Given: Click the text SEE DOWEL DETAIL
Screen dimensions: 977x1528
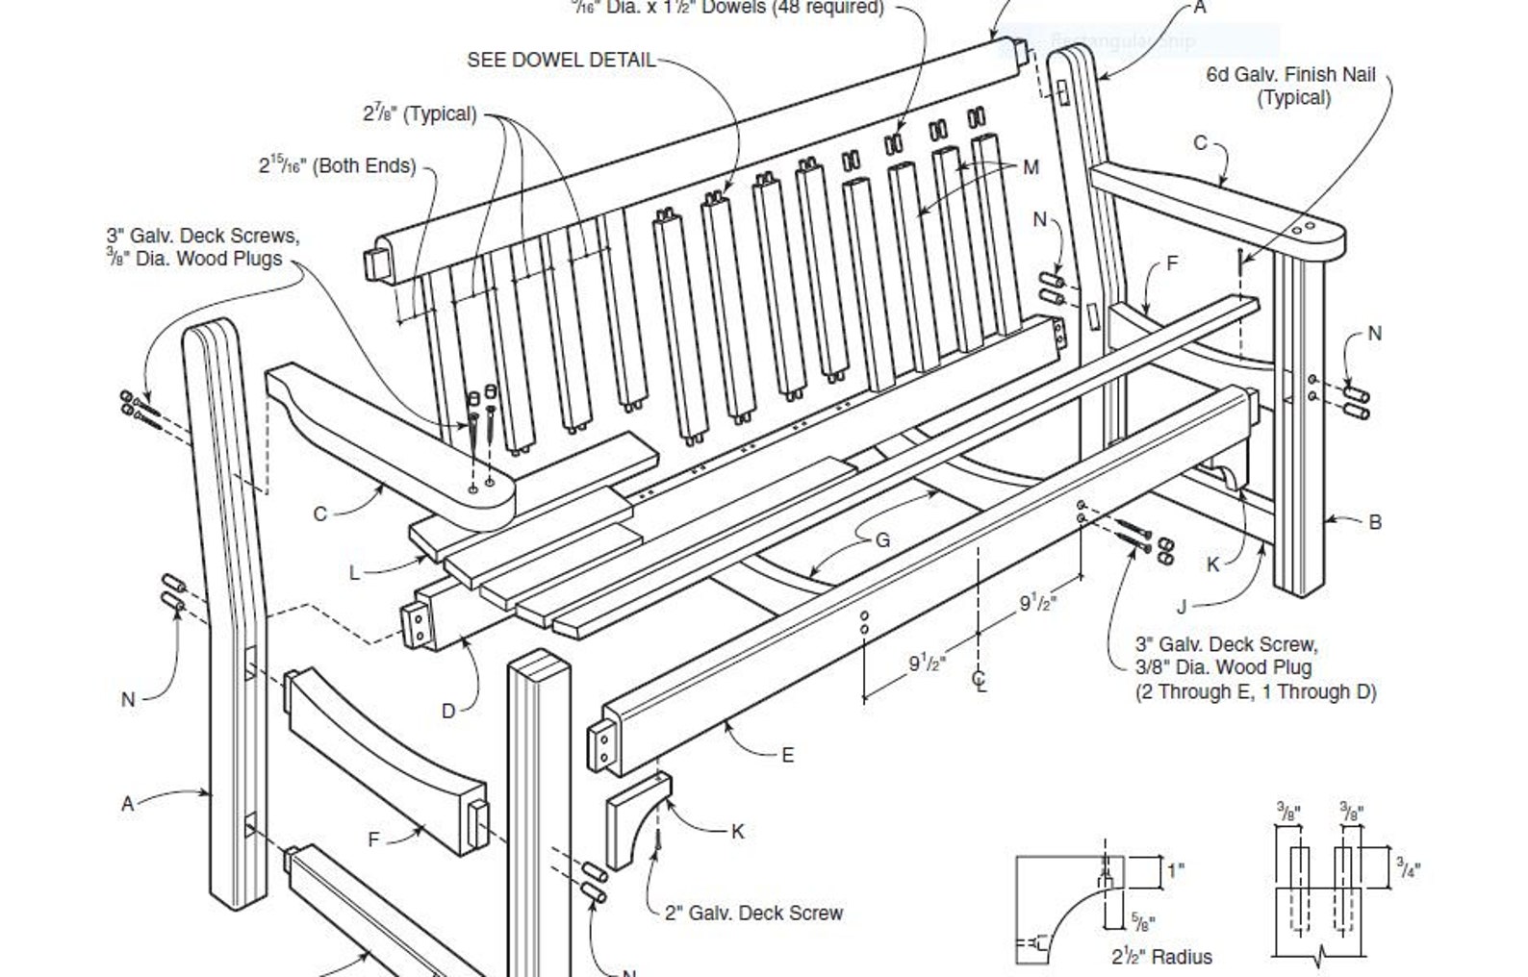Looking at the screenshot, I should click(x=561, y=60).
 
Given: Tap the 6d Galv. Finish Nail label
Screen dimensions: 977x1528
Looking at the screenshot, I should click(x=1292, y=85).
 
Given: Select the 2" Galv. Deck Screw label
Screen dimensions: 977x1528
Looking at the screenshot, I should click(x=753, y=913).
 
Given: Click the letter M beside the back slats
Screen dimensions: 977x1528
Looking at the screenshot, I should click(x=1031, y=168).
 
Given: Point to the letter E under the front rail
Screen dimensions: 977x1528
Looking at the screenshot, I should click(x=787, y=755).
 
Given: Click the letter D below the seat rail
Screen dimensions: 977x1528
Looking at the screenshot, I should click(x=448, y=712).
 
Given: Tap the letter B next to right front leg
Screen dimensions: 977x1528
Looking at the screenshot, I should click(x=1375, y=522).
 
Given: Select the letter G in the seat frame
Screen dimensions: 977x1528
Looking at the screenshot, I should click(x=882, y=540).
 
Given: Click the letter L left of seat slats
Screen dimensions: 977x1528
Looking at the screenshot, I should click(x=354, y=573).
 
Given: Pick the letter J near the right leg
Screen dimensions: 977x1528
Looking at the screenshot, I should click(x=1183, y=607).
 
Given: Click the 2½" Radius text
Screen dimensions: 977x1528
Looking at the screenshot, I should click(x=1161, y=957).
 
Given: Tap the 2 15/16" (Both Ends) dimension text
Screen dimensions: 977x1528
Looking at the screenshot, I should click(x=337, y=165).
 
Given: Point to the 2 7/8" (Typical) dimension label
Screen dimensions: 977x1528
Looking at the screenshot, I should click(x=420, y=113).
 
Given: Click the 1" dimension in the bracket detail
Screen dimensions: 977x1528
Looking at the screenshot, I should click(x=1176, y=870).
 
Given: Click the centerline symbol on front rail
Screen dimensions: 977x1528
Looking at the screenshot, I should click(x=980, y=680).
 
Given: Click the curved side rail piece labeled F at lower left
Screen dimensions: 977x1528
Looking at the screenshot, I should click(x=385, y=760).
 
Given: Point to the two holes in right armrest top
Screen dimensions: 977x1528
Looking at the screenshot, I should click(x=1304, y=230).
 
